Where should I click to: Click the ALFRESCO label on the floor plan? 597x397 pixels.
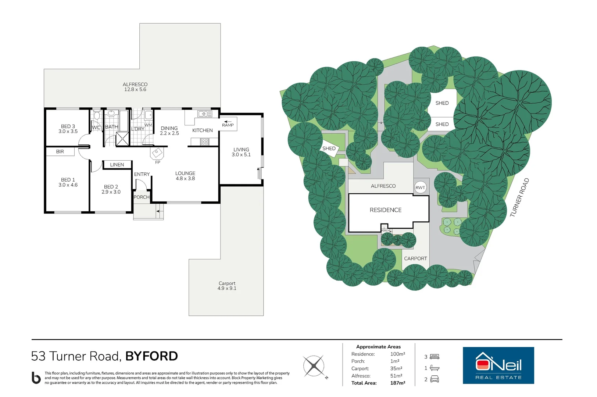pos(135,85)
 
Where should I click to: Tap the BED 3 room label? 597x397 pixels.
pos(68,126)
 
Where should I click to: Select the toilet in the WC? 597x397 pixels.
pos(97,115)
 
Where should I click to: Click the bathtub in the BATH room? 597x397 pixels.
pos(124,121)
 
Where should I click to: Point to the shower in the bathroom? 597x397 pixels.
pos(122,139)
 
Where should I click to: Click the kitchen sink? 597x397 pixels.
pos(205,114)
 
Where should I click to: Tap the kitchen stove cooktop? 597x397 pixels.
pos(205,142)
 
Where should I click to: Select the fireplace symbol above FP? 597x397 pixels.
pos(157,153)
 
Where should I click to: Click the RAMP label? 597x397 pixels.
pos(228,125)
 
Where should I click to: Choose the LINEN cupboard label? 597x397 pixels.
pos(117,165)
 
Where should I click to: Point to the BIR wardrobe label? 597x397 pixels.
pos(60,151)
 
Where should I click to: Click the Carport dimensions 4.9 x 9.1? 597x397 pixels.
pos(227,288)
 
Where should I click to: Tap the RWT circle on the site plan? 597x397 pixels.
pos(420,187)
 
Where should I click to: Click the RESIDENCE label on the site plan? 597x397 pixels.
pos(385,210)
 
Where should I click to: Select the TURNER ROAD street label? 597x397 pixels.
pos(519,197)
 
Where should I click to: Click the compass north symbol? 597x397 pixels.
pos(314,366)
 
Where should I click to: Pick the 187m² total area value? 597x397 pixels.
pos(398,383)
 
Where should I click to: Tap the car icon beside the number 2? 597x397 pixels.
pos(435,379)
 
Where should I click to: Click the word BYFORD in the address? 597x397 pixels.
pos(152,356)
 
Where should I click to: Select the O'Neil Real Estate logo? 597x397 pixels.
pos(498,365)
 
